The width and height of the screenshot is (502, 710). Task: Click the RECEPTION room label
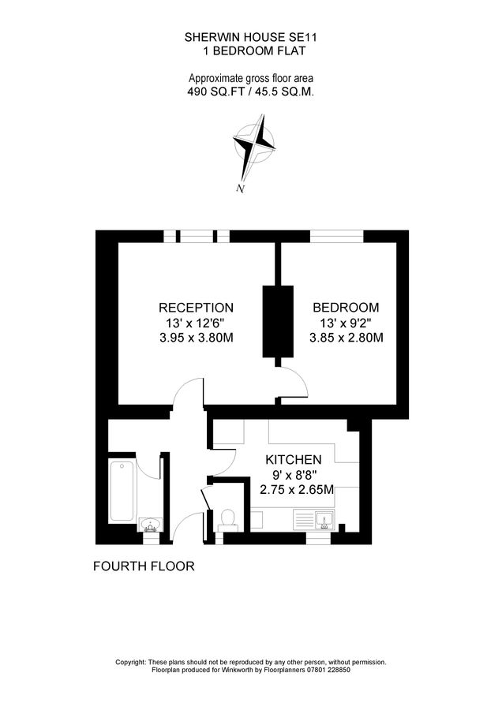(196, 308)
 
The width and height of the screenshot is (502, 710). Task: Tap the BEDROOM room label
(346, 308)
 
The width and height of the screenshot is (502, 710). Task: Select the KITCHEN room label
(293, 460)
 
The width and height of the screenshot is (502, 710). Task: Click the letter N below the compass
(241, 189)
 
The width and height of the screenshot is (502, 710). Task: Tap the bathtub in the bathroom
(122, 491)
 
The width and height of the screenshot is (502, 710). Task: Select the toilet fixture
(227, 520)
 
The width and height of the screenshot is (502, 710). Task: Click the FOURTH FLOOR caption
(144, 566)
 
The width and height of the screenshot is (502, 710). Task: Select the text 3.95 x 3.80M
(197, 338)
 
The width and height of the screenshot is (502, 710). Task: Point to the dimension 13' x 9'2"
(347, 323)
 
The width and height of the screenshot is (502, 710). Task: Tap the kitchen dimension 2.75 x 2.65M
(297, 490)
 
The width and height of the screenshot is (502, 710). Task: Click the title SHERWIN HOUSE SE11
(250, 38)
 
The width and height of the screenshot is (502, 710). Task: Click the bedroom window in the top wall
(336, 237)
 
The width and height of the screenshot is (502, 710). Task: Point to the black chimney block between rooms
(278, 322)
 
